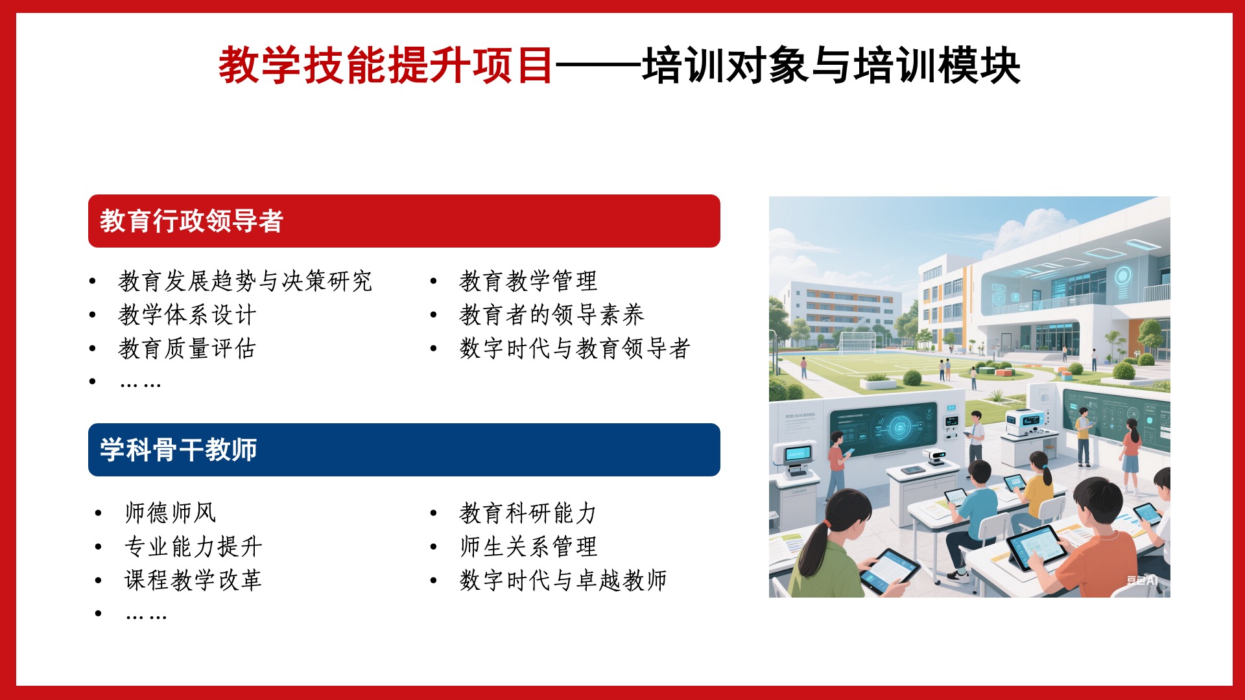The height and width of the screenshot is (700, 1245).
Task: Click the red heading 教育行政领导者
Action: [x=191, y=221]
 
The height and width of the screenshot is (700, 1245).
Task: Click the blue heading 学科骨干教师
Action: [x=178, y=450]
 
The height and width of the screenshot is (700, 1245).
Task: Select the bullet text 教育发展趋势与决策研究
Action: [x=245, y=281]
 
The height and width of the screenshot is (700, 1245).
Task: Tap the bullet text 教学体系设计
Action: [x=187, y=315]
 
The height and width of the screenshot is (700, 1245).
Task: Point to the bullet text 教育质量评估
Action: [x=187, y=349]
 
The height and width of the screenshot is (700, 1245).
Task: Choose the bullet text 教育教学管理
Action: [x=528, y=281]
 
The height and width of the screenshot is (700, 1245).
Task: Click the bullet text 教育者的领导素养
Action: [x=552, y=315]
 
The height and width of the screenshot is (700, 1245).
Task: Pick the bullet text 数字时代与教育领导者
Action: [x=575, y=349]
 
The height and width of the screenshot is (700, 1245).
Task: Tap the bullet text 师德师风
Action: [x=171, y=513]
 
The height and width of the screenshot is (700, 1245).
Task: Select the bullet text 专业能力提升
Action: [x=193, y=546]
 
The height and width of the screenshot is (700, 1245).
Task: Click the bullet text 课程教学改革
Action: [x=193, y=580]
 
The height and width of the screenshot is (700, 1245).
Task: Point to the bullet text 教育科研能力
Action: [x=528, y=513]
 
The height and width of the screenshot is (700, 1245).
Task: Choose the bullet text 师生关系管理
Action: [x=528, y=546]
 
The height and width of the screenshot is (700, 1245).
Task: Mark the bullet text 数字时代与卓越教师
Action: [x=563, y=580]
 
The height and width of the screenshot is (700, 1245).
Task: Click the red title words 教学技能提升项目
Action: [x=386, y=65]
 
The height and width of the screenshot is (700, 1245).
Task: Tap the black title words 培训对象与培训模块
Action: [x=831, y=65]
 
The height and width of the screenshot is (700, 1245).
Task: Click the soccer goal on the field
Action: [x=857, y=342]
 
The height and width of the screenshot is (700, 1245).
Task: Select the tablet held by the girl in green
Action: [x=890, y=571]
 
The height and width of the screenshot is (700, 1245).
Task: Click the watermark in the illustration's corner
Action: [x=1142, y=580]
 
